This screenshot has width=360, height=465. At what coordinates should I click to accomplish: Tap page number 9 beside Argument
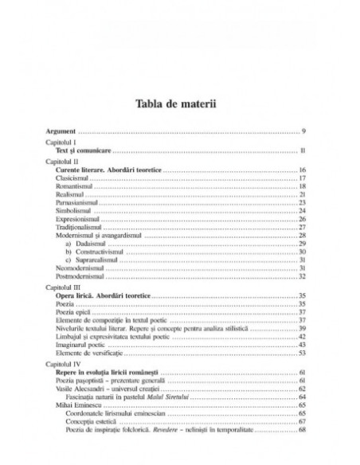(x=304, y=130)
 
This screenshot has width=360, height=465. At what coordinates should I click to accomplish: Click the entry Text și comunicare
(x=89, y=150)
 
